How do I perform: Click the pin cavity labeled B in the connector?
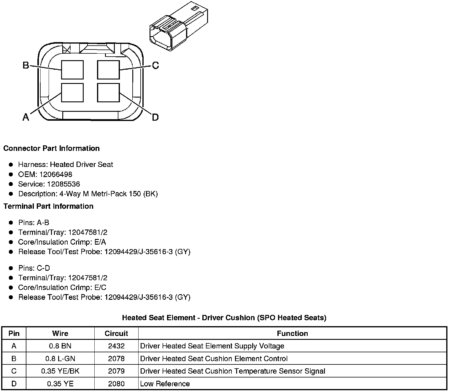point(72,70)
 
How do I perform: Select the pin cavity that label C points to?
point(108,70)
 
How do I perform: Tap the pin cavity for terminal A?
point(72,93)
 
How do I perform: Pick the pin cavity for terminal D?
point(108,93)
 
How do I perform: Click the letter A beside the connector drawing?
point(26,117)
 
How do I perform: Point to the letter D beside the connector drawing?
point(155,117)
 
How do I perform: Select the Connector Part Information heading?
point(51,148)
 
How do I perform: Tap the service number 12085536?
point(63,184)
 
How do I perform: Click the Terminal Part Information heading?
point(48,206)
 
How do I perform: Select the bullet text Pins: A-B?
point(34,223)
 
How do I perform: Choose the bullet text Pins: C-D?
point(34,268)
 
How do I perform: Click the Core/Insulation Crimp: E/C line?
point(62,288)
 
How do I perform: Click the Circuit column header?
point(116,333)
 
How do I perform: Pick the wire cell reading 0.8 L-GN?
point(60,358)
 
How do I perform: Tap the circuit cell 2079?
point(116,371)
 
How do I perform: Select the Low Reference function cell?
point(165,384)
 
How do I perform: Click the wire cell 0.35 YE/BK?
point(60,371)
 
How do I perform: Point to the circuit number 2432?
point(116,346)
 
